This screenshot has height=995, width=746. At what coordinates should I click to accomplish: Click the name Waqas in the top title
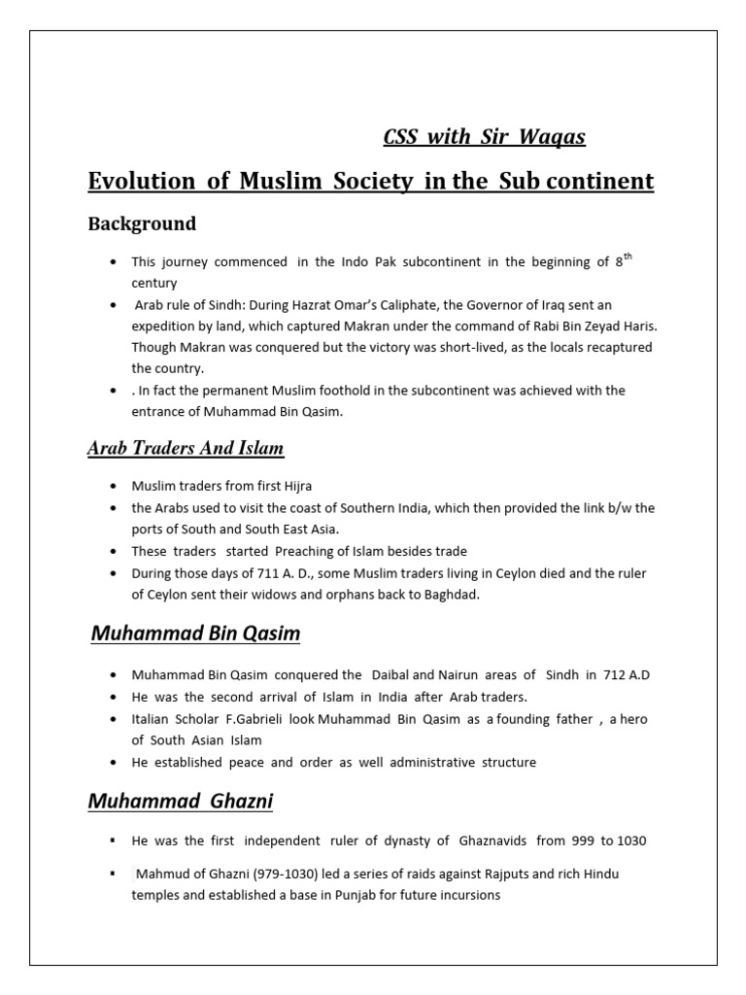(x=556, y=136)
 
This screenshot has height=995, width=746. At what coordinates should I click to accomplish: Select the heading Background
(x=142, y=223)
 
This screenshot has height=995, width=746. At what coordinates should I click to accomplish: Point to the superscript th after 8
(x=628, y=257)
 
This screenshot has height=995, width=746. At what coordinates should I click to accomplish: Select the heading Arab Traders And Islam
(x=186, y=449)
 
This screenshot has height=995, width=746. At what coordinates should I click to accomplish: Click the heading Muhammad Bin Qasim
(x=195, y=634)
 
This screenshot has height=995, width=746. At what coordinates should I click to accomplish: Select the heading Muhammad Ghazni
(x=181, y=802)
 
